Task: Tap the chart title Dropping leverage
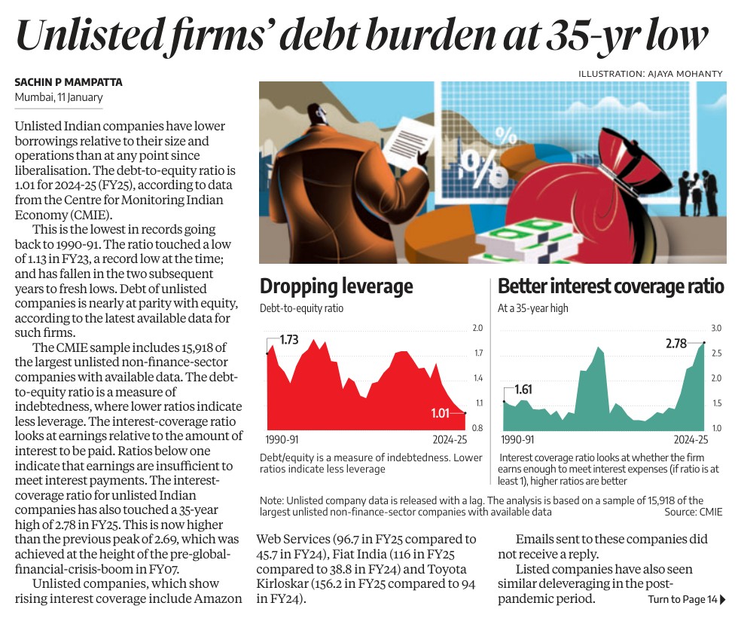336,286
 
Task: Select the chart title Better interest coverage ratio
611,286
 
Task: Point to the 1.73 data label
289,340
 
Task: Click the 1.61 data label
523,390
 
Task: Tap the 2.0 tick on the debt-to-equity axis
477,329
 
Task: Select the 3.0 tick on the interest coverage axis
717,329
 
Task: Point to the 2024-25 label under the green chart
691,439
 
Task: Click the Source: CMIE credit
693,512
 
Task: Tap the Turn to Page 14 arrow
723,600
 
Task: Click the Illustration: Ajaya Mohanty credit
651,73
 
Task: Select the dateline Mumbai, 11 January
59,97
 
